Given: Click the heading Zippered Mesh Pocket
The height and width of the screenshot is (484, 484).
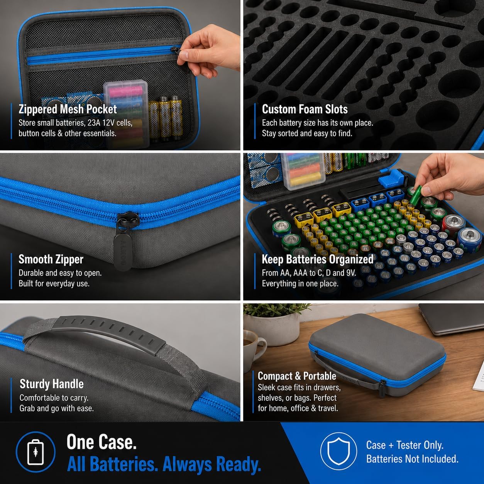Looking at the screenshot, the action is coord(68,109).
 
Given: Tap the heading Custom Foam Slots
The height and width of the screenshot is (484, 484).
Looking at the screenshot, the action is coord(305,109).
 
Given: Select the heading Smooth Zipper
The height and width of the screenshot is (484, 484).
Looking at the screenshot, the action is coord(51,259).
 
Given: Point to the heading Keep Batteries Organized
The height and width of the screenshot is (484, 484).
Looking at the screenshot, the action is coord(318,259).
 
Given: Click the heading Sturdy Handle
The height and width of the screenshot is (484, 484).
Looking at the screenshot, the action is coord(51,384).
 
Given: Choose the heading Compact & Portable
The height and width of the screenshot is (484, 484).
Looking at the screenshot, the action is coord(297,376).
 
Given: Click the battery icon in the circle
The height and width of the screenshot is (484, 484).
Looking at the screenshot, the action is coord(36,452).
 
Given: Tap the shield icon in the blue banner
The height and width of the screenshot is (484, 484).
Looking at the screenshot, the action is coord(338,451).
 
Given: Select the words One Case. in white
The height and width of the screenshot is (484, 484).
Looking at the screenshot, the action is coord(102,442).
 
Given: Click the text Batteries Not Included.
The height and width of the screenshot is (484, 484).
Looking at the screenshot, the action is coord(412,459).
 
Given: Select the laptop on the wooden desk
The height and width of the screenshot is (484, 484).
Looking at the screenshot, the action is coord(451,319).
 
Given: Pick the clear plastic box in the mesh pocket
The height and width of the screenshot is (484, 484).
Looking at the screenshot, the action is coord(126,114).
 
